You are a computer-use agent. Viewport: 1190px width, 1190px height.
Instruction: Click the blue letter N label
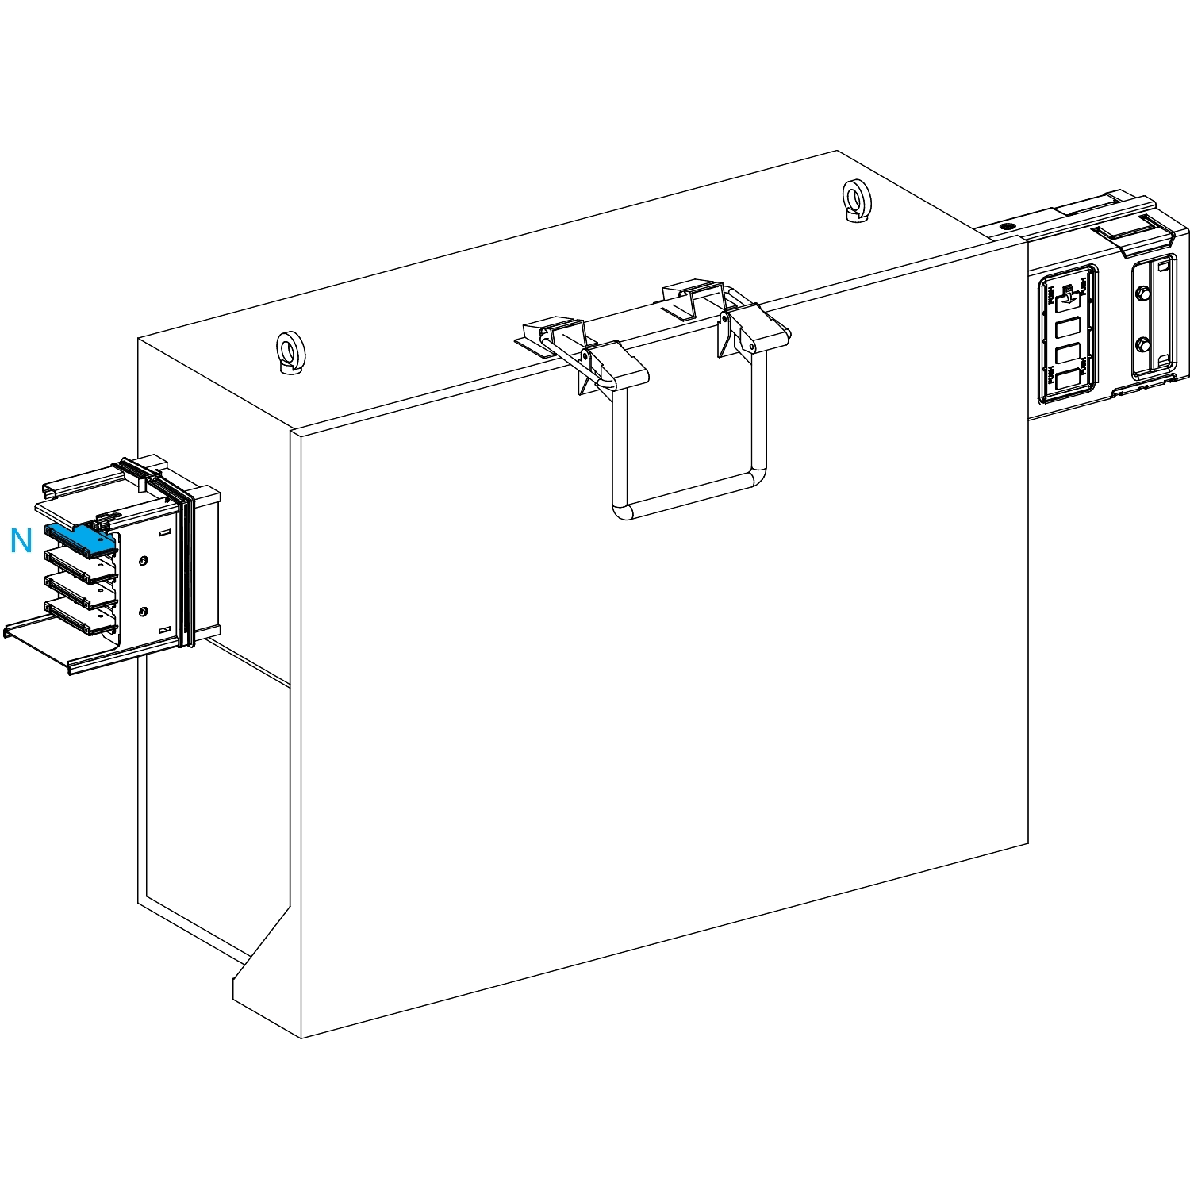point(21,541)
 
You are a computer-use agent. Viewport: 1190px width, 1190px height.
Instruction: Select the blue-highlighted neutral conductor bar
point(79,538)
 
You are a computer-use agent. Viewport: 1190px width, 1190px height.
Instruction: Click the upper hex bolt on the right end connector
point(1142,295)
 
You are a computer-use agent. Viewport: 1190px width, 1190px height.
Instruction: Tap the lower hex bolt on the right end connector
point(1142,345)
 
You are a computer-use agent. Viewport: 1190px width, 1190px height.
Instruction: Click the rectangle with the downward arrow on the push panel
point(1068,296)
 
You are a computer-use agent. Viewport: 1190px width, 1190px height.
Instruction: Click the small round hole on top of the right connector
point(1007,227)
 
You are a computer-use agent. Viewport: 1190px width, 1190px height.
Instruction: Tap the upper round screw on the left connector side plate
point(143,562)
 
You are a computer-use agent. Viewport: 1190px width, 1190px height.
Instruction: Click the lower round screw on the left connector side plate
point(143,612)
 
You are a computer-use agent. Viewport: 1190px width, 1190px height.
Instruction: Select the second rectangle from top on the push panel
point(1068,326)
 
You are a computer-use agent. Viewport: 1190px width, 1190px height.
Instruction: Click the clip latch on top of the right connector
point(1125,234)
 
